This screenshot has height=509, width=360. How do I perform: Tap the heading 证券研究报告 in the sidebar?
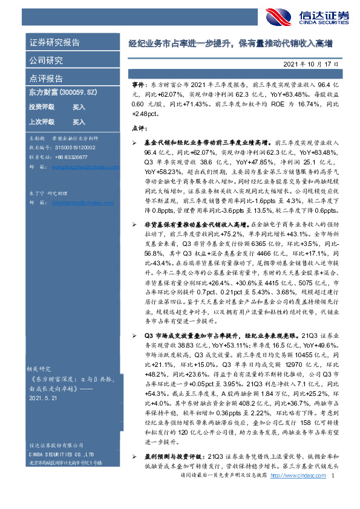[x=54, y=43]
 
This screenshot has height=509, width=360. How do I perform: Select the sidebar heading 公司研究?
[x=46, y=60]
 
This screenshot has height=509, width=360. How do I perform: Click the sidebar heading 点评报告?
[x=46, y=78]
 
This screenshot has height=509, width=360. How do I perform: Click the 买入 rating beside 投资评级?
[x=79, y=107]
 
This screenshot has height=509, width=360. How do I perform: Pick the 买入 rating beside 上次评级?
[x=79, y=122]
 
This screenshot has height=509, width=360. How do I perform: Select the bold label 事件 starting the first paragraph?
[x=138, y=87]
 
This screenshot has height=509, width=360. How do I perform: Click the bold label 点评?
[x=139, y=128]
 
